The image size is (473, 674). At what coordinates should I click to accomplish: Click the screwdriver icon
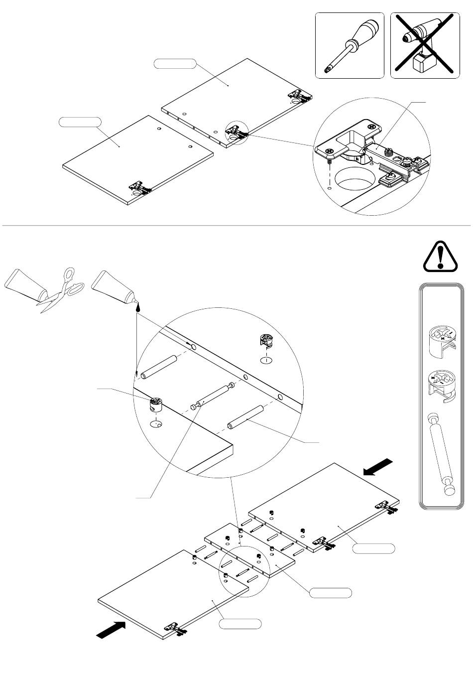tap(349, 46)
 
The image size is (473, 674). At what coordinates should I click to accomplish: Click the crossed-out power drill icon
tap(424, 46)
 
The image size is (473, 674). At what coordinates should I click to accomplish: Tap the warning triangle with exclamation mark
tap(440, 257)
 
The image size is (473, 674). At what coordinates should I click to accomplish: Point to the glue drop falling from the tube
tap(138, 309)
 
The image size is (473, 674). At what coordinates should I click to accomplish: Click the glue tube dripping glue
tap(114, 288)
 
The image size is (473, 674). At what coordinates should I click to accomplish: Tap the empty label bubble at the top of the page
tap(174, 63)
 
